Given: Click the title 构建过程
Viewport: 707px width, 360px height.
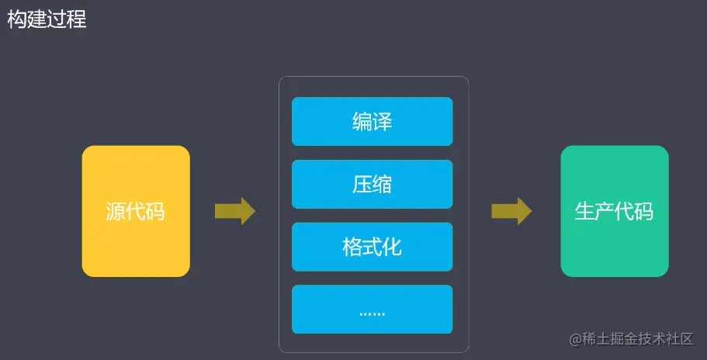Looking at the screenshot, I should (47, 19).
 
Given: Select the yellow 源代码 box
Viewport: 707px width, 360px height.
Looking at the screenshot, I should (136, 211).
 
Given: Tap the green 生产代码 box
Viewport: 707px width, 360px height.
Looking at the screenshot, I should (614, 211).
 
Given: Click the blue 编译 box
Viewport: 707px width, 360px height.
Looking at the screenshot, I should (372, 122).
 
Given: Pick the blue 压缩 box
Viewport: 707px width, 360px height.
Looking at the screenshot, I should (372, 185).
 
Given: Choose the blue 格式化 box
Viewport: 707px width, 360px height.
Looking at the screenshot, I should (372, 247).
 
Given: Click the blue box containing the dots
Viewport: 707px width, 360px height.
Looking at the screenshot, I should (372, 310).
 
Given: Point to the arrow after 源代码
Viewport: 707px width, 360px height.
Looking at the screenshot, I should (234, 211).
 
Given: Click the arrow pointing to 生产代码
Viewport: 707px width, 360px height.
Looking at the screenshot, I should (511, 211).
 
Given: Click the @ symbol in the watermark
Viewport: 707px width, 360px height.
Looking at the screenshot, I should (576, 340).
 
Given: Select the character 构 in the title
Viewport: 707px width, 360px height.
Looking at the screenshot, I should (17, 19).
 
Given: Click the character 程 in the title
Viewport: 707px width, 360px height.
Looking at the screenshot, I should (76, 19).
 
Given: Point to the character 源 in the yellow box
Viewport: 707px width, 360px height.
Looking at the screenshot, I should (116, 211).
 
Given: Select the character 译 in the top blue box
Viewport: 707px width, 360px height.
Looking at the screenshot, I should (382, 122).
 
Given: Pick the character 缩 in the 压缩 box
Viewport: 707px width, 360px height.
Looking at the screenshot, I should (382, 185).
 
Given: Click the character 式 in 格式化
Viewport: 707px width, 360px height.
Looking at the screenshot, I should (372, 247).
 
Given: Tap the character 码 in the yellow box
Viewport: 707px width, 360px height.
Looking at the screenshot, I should (155, 211).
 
